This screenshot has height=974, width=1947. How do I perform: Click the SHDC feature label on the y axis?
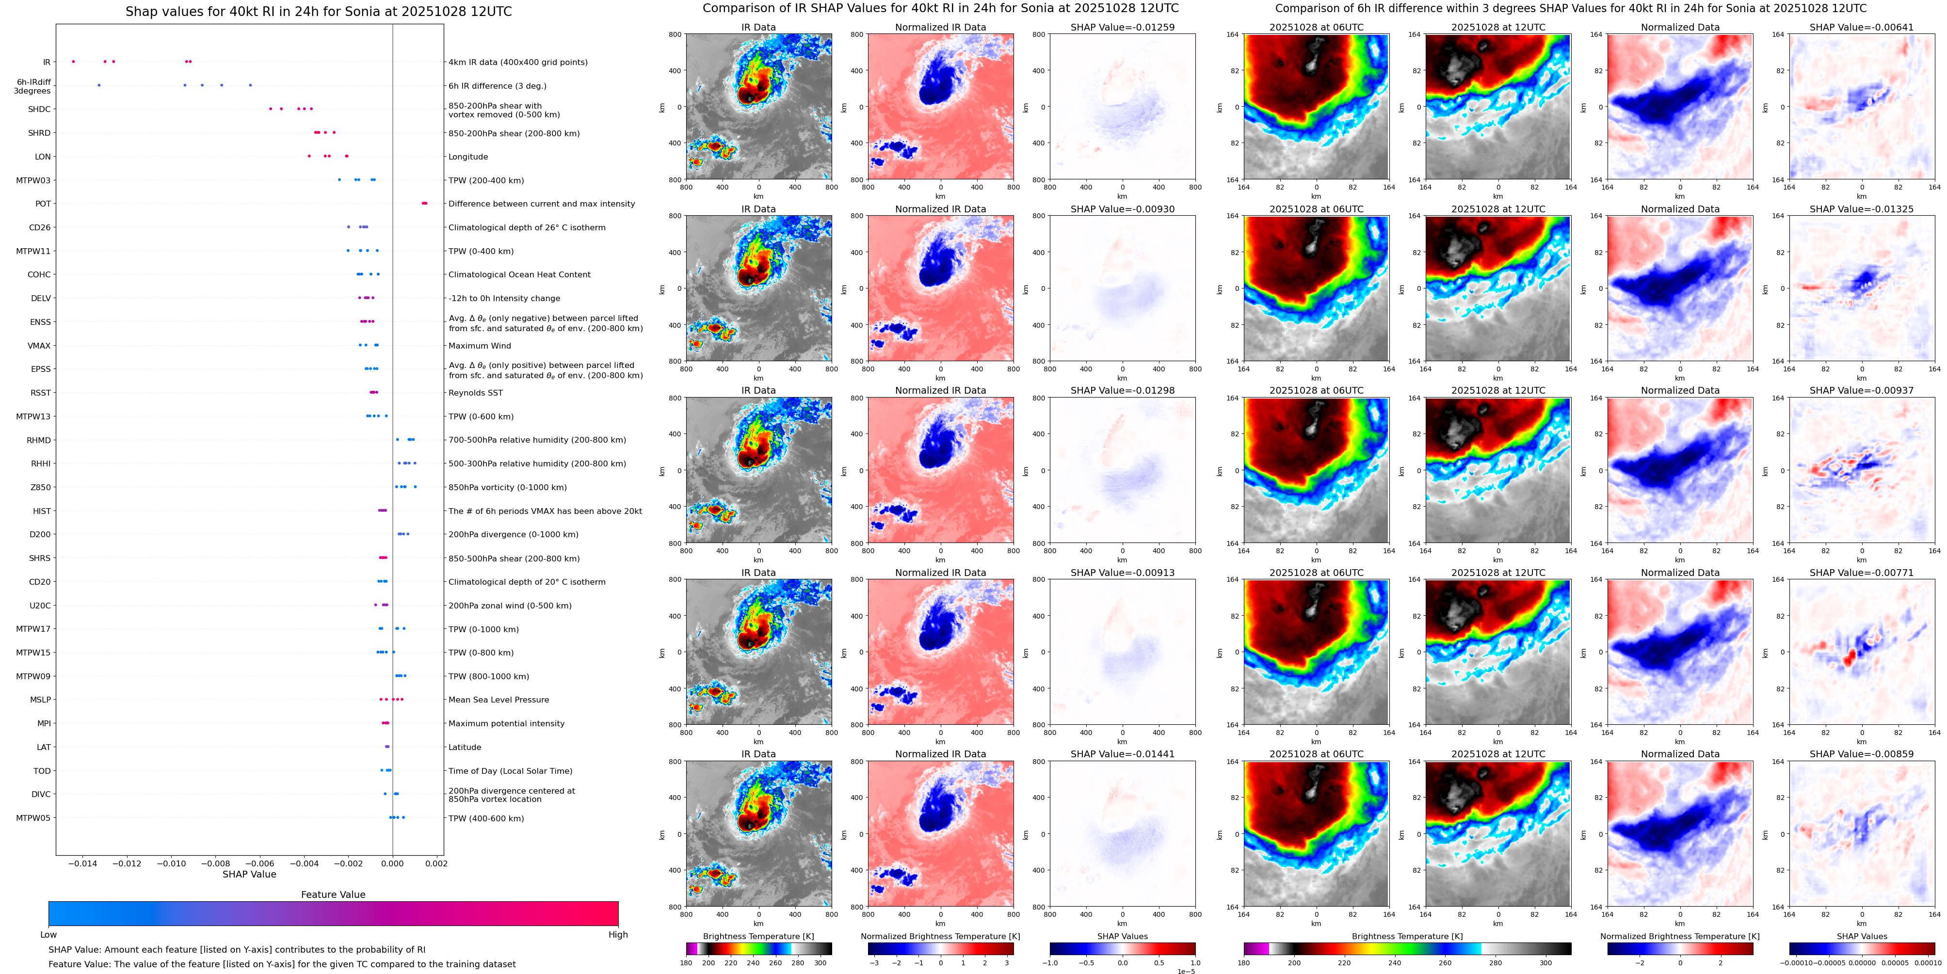tap(39, 110)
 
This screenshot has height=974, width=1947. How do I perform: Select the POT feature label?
tap(43, 204)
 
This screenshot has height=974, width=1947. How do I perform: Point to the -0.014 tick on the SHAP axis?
tap(83, 863)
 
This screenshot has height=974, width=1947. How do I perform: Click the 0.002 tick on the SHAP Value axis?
tap(436, 863)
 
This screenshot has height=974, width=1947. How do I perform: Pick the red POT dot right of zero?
tap(424, 203)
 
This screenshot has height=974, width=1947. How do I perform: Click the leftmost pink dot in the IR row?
tap(73, 61)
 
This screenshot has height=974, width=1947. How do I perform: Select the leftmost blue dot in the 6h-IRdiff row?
tap(99, 85)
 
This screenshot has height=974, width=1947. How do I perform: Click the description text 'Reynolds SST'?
tap(475, 393)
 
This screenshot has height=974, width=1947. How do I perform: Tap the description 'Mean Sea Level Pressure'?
tap(499, 700)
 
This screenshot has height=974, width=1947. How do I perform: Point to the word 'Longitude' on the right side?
tap(468, 157)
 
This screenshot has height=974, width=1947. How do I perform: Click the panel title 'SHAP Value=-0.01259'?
tap(1123, 27)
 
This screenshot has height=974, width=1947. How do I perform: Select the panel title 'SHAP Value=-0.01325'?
tap(1862, 209)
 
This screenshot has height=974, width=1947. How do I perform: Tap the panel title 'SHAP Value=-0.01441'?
tap(1123, 754)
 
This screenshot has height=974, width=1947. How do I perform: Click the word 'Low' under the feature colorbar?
tap(48, 935)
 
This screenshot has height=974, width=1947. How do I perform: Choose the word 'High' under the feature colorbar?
tap(618, 935)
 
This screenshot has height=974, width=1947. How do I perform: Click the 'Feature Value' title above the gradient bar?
tap(333, 894)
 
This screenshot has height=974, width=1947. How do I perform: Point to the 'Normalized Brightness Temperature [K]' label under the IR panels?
tap(940, 936)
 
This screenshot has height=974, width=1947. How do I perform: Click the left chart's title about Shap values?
tap(318, 11)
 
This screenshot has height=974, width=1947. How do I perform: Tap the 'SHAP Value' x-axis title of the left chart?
tap(249, 874)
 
